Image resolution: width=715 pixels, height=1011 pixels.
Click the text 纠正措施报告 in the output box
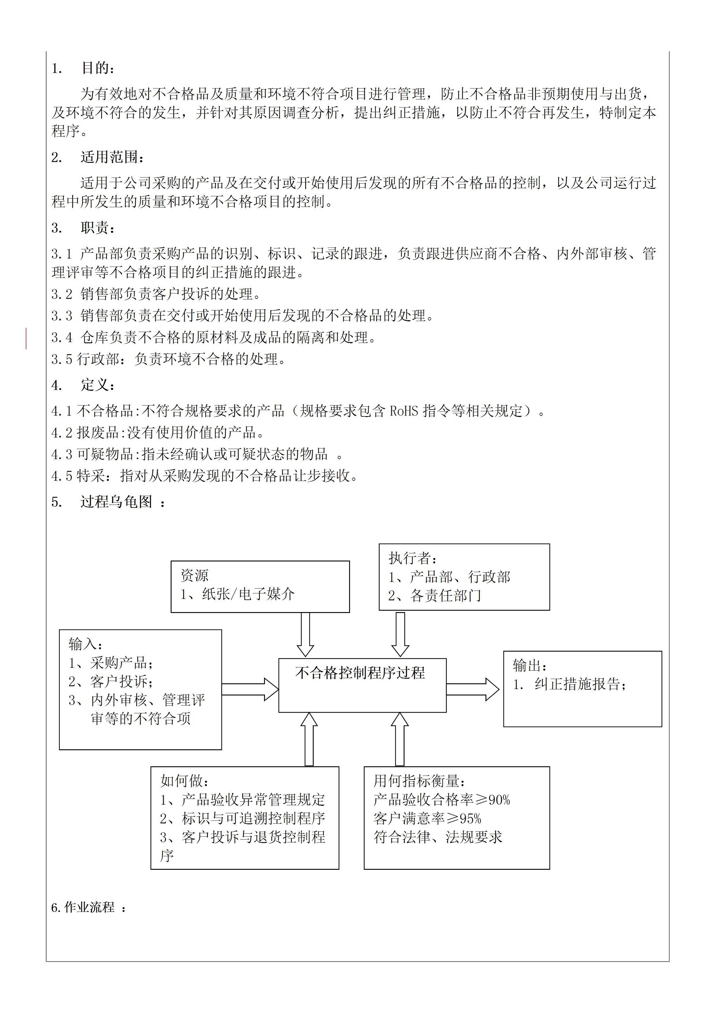577,684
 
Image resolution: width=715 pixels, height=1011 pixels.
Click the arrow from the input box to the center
250,689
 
